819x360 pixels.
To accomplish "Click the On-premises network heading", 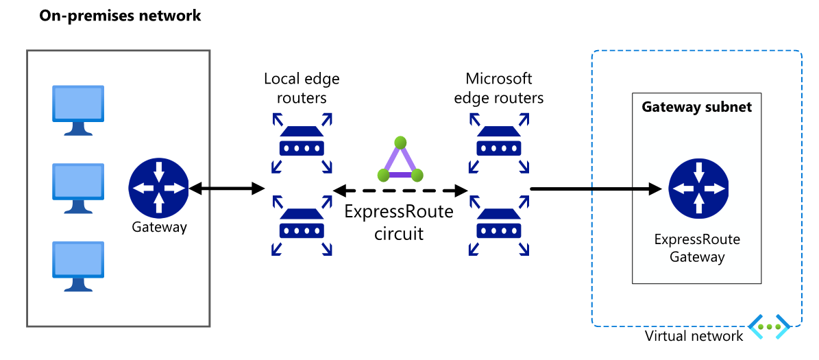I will [120, 15].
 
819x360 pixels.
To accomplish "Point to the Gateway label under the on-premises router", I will [159, 227].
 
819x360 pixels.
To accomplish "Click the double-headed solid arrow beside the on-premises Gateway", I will [226, 188].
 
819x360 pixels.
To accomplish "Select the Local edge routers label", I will [302, 88].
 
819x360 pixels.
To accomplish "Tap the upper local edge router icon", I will [302, 143].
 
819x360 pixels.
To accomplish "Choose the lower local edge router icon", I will [302, 226].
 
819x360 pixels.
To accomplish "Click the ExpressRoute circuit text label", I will [399, 222].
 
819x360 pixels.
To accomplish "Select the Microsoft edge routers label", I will [499, 88].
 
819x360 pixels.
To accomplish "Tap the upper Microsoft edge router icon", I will [499, 143].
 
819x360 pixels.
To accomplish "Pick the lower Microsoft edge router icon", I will [499, 226].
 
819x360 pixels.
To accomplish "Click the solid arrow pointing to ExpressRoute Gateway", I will [596, 188].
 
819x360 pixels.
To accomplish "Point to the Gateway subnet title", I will [696, 107].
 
